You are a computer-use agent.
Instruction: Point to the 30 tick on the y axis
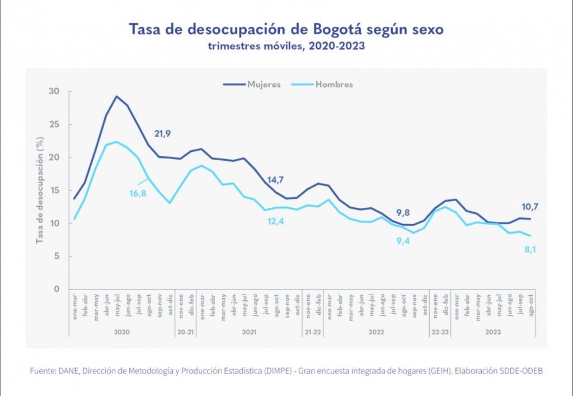tap(54, 91)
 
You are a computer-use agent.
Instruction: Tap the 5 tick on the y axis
tap(57, 257)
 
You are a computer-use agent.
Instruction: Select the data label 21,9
tap(162, 134)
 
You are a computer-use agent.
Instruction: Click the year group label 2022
tap(376, 332)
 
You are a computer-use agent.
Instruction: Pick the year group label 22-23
tap(440, 332)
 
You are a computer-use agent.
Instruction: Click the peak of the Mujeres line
tap(116, 96)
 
